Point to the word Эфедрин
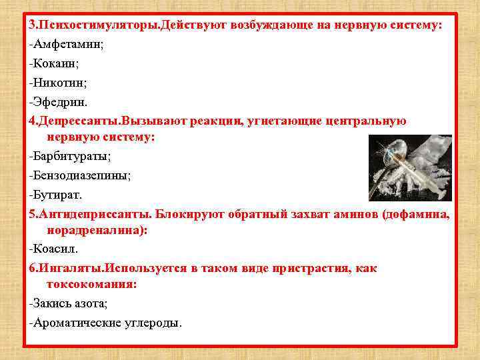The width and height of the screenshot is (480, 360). click(60, 103)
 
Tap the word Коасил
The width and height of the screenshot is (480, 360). click(55, 248)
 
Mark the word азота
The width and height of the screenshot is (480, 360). click(89, 303)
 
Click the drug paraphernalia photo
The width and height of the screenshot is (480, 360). click(411, 167)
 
